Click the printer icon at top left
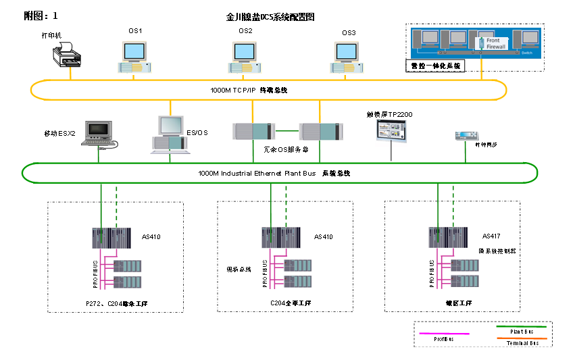(66, 55)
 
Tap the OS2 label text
(245, 31)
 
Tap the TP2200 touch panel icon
(392, 130)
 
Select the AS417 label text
(491, 236)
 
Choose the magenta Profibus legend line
(444, 333)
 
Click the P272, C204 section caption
(116, 304)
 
